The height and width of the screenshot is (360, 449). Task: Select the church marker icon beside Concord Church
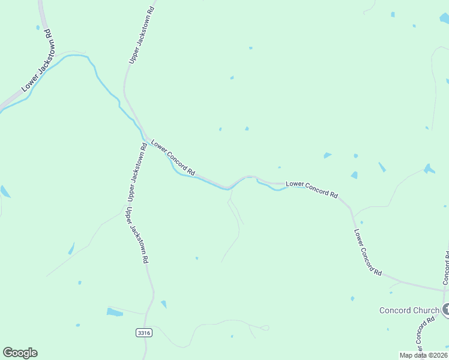click(446, 310)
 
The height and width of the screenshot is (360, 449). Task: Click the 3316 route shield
click(144, 332)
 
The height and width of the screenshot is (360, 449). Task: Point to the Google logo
click(20, 353)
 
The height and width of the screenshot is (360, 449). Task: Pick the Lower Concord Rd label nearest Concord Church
click(367, 252)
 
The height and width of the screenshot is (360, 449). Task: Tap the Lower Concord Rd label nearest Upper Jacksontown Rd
click(173, 157)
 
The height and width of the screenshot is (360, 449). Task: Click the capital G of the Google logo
click(8, 352)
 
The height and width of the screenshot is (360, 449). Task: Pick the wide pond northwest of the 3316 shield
click(114, 312)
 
